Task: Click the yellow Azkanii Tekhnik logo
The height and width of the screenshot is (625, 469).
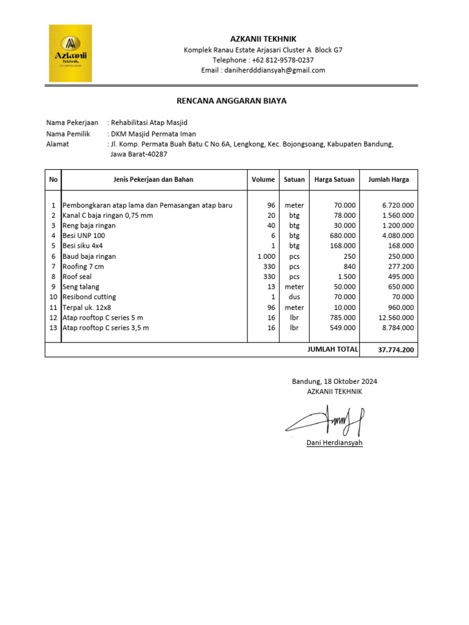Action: click(x=71, y=53)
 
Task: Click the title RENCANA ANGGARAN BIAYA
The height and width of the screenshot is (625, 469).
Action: click(x=231, y=101)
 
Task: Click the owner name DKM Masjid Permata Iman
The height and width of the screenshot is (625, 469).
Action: click(x=153, y=134)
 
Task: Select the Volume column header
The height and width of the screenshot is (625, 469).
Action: click(x=263, y=179)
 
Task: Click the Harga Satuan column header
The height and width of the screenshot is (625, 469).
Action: click(x=335, y=179)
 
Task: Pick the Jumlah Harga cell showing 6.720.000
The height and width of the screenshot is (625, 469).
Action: click(x=398, y=205)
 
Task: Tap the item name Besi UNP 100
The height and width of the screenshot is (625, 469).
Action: click(x=84, y=236)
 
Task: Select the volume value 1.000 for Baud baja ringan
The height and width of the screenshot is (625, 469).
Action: click(x=267, y=256)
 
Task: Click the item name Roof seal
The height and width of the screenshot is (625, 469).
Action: click(x=77, y=276)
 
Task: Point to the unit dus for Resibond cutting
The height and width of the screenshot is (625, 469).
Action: click(x=294, y=297)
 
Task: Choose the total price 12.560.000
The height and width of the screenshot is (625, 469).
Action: click(x=396, y=317)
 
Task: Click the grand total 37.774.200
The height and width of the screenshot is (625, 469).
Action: click(x=396, y=350)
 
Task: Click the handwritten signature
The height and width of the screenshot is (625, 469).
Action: click(x=325, y=420)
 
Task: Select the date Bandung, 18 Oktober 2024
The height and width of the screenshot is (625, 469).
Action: click(x=334, y=381)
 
